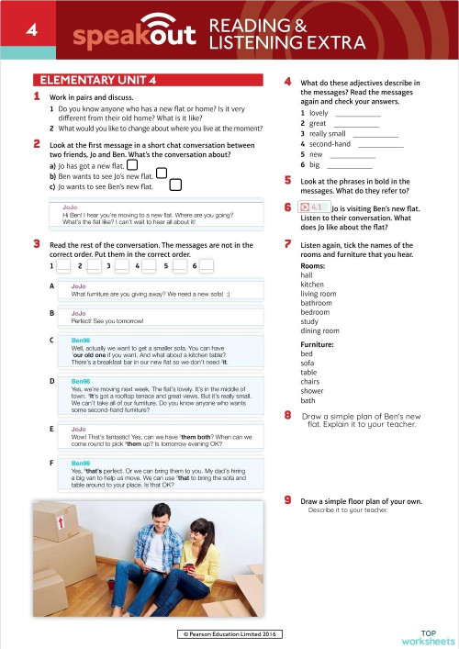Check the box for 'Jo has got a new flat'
[132, 165]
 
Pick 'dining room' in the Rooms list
[319, 330]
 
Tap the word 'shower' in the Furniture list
[314, 389]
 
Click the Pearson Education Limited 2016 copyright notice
[229, 634]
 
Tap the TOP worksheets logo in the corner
[427, 636]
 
